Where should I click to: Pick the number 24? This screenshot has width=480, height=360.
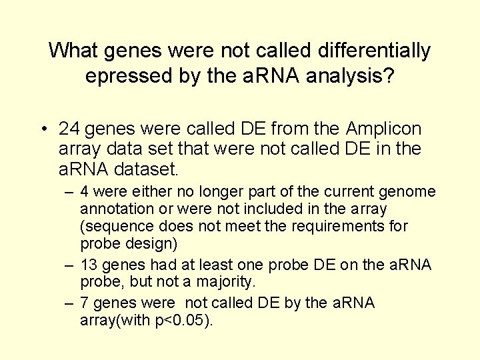click(x=70, y=128)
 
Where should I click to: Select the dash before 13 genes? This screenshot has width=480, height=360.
click(x=69, y=265)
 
